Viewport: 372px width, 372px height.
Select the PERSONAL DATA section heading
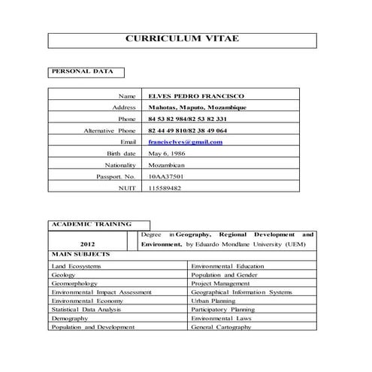coord(82,72)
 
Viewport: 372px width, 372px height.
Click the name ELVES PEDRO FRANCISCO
coord(196,96)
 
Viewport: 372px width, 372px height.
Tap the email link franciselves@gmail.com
coord(185,141)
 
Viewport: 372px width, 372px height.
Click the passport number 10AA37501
coord(166,176)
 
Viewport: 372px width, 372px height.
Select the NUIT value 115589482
coord(165,187)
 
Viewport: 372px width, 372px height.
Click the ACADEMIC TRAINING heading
coord(91,223)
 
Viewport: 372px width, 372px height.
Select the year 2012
coord(88,243)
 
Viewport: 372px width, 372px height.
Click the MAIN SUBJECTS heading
coord(80,254)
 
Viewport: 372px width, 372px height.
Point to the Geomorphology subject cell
coord(74,283)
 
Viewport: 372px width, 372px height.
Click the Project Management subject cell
coord(219,283)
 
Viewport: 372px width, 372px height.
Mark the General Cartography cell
coord(222,328)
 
